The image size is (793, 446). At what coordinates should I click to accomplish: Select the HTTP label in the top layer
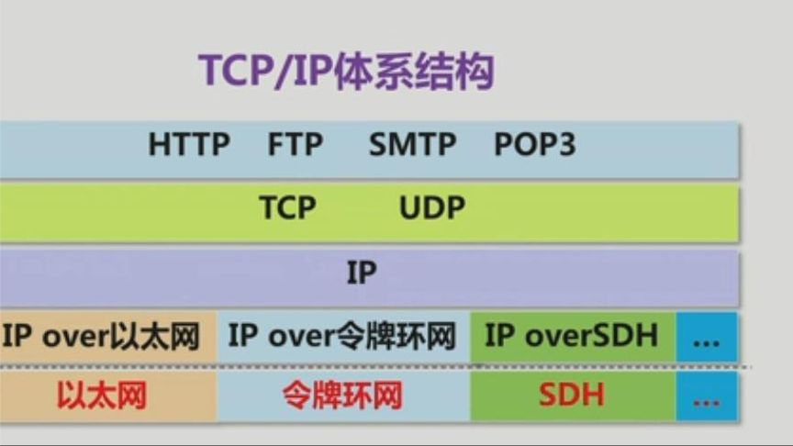[x=189, y=145]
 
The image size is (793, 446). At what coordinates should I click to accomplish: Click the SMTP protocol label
[x=412, y=145]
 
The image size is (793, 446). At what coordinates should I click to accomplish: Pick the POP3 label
[x=535, y=145]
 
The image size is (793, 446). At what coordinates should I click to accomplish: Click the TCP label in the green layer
[x=286, y=207]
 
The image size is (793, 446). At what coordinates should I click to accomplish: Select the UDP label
[x=431, y=207]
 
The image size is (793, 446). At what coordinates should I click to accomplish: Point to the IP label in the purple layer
[x=362, y=273]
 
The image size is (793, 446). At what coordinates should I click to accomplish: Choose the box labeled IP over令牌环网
[x=342, y=337]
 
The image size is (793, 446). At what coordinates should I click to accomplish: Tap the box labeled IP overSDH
[x=572, y=337]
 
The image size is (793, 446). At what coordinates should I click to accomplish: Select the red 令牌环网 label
[x=342, y=396]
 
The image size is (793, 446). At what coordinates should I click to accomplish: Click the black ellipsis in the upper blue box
[x=706, y=339]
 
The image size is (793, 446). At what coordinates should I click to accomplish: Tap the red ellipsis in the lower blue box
[x=706, y=399]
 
